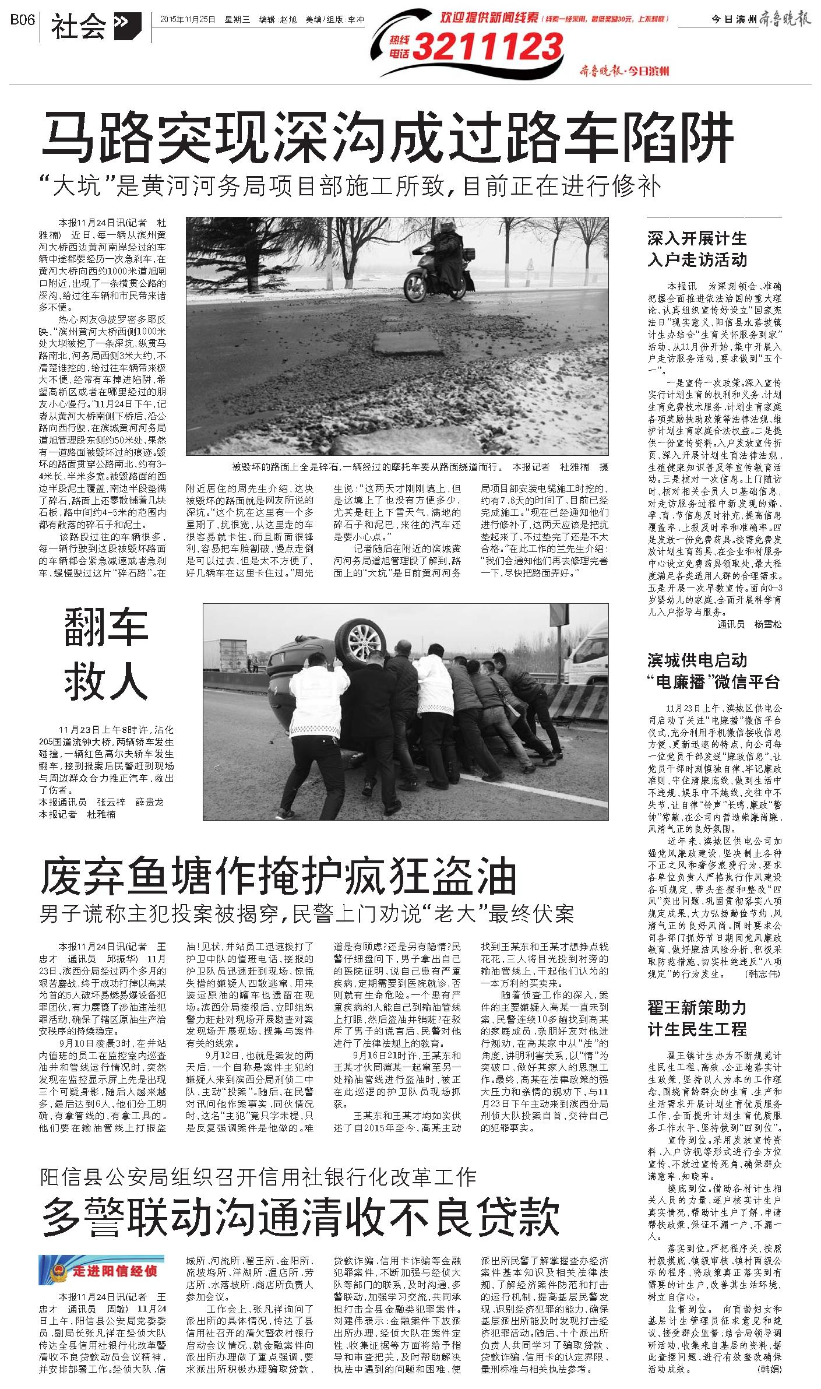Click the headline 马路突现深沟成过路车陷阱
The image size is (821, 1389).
387,138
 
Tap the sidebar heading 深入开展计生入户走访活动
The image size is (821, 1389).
697,249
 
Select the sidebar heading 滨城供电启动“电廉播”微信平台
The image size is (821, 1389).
713,670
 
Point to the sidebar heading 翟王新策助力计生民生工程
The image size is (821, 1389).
697,1018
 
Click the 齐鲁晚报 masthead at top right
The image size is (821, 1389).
785,20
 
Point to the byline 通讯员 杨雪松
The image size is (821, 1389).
749,624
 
